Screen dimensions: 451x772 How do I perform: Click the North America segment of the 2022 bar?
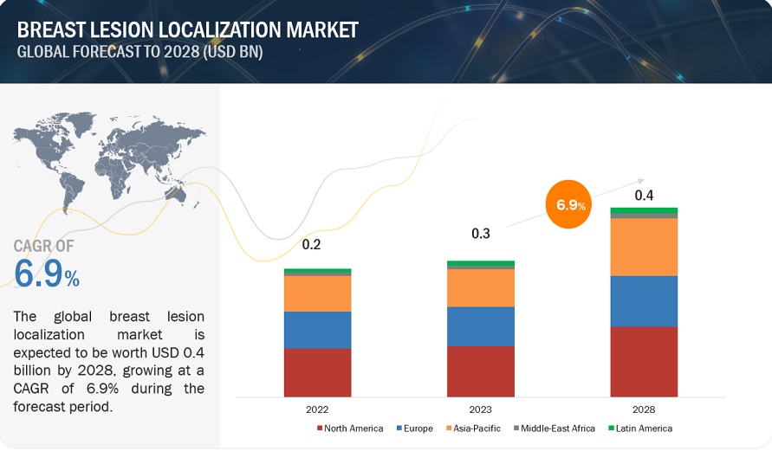[317, 372]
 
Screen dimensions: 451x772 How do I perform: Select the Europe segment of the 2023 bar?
[480, 326]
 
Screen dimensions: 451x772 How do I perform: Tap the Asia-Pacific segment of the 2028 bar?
[644, 247]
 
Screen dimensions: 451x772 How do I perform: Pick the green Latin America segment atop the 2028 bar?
[644, 210]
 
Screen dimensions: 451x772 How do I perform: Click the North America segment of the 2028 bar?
[644, 361]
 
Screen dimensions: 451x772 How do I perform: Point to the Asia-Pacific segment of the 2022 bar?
[317, 293]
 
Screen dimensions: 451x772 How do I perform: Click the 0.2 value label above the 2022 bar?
[311, 245]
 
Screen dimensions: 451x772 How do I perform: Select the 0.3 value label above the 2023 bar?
[481, 234]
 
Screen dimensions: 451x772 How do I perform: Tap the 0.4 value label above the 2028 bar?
[644, 195]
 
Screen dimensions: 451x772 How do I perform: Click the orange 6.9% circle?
[571, 206]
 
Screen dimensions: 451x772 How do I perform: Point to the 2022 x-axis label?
[317, 409]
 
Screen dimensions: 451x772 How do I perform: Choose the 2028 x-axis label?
[644, 409]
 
